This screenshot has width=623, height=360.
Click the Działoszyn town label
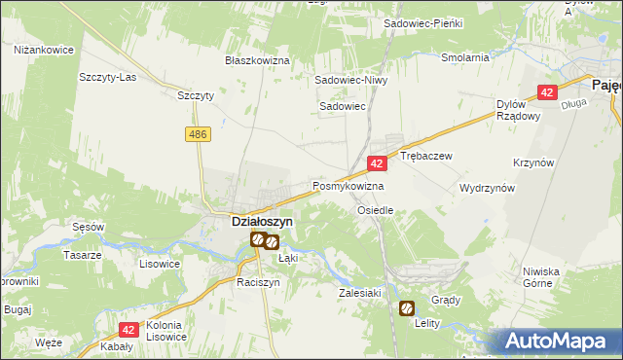point(262,221)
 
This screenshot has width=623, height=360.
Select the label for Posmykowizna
point(348,185)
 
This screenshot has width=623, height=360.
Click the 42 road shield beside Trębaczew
point(376,164)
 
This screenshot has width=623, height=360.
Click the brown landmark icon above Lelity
point(405,307)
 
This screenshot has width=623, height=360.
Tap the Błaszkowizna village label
point(258,60)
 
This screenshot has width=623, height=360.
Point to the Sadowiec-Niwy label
point(350,81)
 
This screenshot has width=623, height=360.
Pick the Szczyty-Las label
point(108,76)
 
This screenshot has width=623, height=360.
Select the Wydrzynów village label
point(487,188)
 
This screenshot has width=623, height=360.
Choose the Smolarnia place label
point(464,57)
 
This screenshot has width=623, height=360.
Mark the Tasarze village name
point(83,255)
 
